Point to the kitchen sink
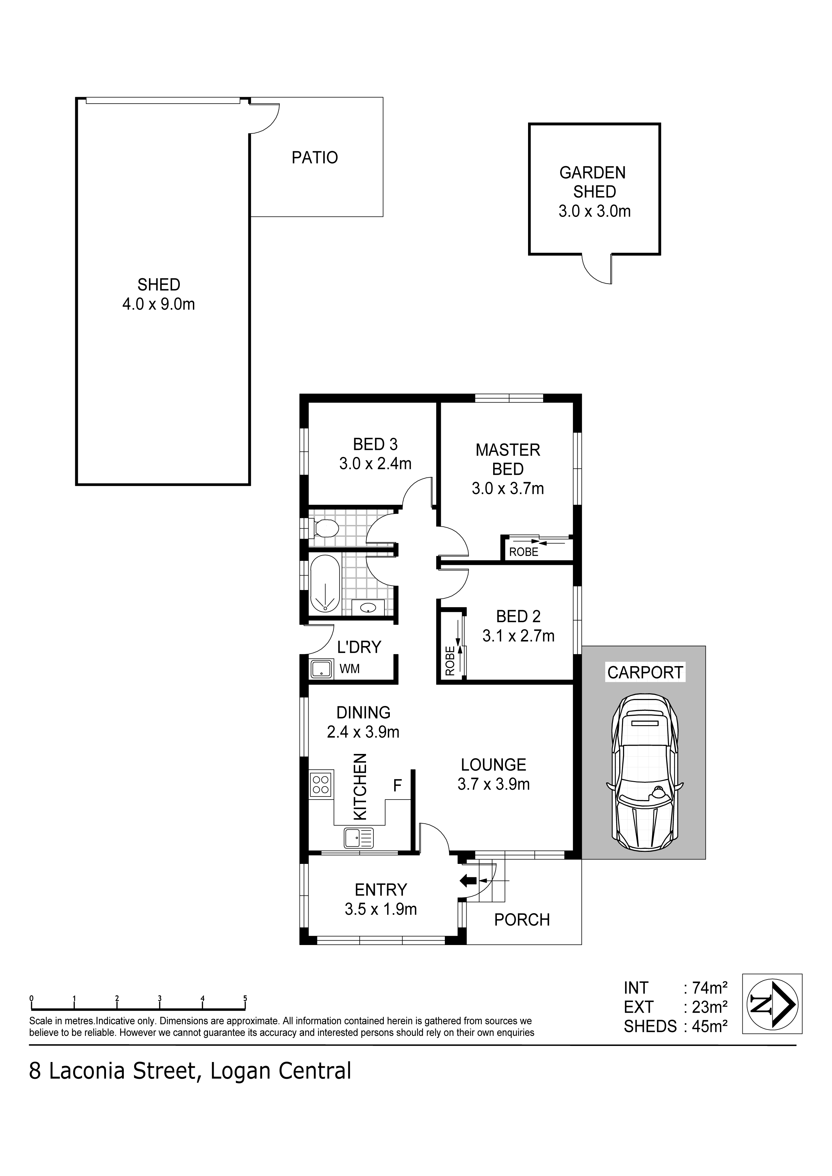point(359,838)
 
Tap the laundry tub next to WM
point(322,668)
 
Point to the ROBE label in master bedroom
point(523,552)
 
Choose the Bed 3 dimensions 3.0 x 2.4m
point(375,464)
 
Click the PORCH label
point(522,920)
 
